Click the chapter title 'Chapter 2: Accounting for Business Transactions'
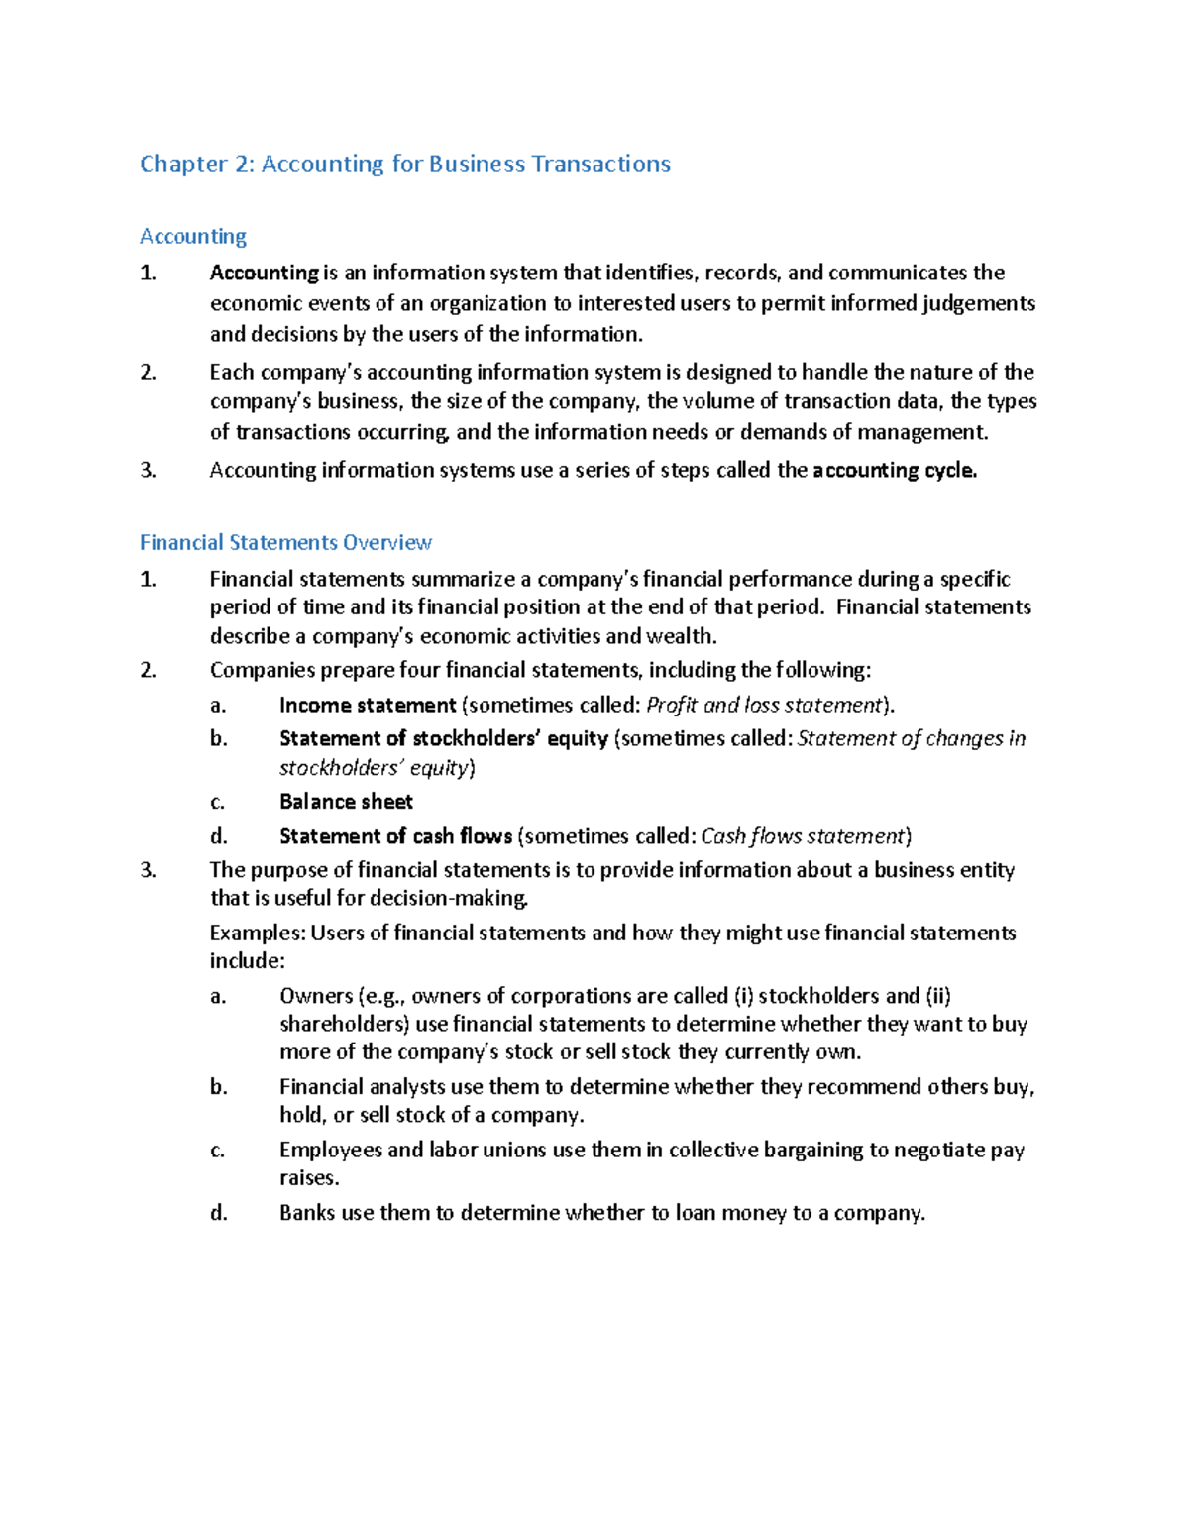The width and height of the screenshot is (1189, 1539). tap(404, 164)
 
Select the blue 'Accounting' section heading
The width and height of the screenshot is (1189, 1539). tap(193, 236)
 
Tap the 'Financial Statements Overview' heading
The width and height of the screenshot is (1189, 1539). tap(285, 542)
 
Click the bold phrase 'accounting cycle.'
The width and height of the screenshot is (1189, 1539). tap(894, 470)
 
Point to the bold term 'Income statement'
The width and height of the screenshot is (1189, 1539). tap(367, 705)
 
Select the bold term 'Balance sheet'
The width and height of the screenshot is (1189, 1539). tap(346, 801)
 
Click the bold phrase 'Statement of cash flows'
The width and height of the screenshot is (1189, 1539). tap(395, 836)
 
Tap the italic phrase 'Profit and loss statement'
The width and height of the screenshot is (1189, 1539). tap(763, 705)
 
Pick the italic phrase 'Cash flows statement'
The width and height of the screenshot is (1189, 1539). tap(803, 836)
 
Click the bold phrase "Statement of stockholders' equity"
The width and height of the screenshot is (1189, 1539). tap(443, 738)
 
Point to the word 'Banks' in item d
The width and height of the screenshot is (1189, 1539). tap(307, 1213)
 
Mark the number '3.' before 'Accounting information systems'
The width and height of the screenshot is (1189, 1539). tap(149, 470)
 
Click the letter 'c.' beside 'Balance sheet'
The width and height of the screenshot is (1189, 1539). tap(217, 802)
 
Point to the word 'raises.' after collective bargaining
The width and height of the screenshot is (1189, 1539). tap(309, 1177)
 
